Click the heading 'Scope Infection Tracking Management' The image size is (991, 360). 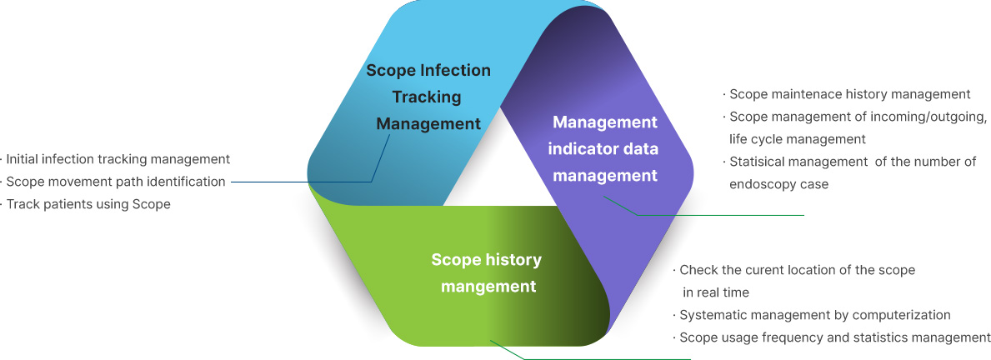pyautogui.click(x=428, y=97)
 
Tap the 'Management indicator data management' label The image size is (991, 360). pyautogui.click(x=605, y=148)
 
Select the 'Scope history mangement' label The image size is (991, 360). pyautogui.click(x=488, y=272)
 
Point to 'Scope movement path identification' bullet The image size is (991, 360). pyautogui.click(x=113, y=182)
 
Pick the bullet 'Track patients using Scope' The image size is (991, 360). pyautogui.click(x=85, y=205)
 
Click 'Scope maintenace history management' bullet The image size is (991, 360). pyautogui.click(x=847, y=95)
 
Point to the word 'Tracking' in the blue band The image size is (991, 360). pyautogui.click(x=428, y=97)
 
